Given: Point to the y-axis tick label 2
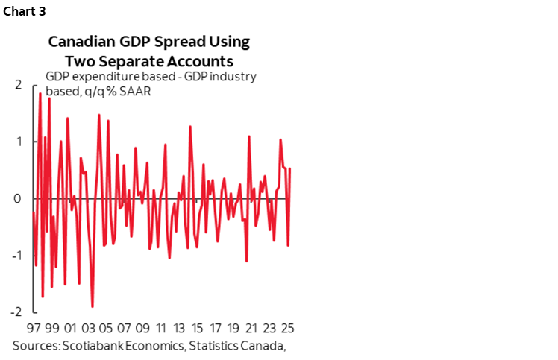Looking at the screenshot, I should pyautogui.click(x=17, y=85).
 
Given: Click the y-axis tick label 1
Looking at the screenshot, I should pyautogui.click(x=17, y=142).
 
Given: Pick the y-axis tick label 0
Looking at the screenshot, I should pyautogui.click(x=17, y=198).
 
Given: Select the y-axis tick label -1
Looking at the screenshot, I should pyautogui.click(x=15, y=255).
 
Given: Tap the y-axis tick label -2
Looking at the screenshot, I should pyautogui.click(x=15, y=312).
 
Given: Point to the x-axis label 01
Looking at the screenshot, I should pyautogui.click(x=70, y=328).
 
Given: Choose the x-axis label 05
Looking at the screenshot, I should pyautogui.click(x=107, y=328).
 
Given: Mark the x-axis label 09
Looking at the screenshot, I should pyautogui.click(x=142, y=328).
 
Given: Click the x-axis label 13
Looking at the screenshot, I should pyautogui.click(x=179, y=328).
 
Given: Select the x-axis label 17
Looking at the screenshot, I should pyautogui.click(x=215, y=328).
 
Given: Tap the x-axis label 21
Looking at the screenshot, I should pyautogui.click(x=251, y=328).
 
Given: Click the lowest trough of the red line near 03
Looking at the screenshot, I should pyautogui.click(x=93, y=306).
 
